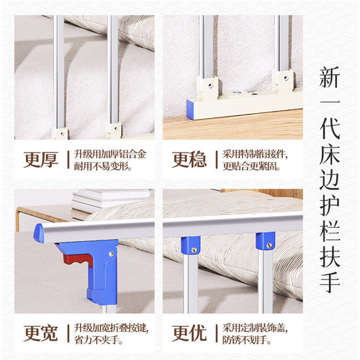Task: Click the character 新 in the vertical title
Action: point(333,78)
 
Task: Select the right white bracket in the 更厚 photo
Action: point(114,130)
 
